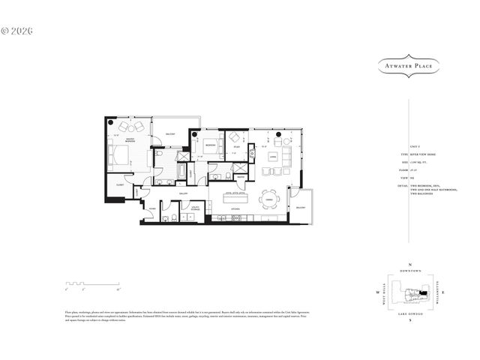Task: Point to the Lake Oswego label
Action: (x=410, y=312)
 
